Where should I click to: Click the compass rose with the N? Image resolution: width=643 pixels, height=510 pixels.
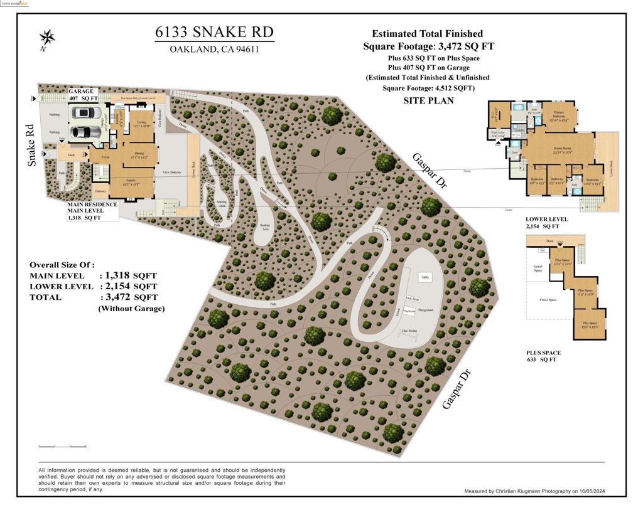46,38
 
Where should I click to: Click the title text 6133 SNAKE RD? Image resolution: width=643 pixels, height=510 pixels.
214,33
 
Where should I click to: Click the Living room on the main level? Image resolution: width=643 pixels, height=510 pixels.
142,124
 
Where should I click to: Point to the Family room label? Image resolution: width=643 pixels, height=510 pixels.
130,181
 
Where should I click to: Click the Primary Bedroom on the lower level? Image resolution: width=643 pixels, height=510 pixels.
558,117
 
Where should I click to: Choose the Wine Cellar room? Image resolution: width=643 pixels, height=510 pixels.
498,134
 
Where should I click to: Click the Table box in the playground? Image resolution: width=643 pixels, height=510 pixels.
424,277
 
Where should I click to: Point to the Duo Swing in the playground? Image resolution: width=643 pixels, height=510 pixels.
409,331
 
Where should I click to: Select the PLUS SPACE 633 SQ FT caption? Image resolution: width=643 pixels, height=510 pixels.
544,356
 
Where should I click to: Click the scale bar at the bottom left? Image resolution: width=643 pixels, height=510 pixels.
62,446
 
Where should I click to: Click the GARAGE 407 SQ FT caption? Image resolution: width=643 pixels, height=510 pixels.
83,95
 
